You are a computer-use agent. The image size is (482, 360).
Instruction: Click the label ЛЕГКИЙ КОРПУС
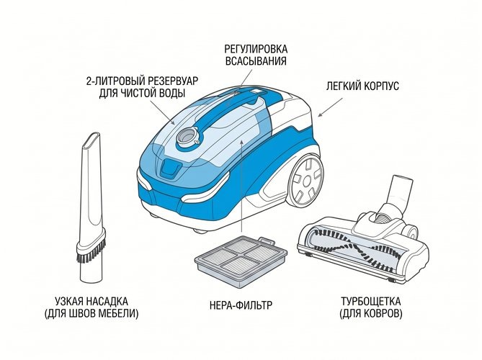point(362,86)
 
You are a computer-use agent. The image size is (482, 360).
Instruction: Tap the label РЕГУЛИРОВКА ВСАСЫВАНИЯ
point(256,55)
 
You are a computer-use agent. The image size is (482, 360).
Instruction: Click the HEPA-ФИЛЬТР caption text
point(241,305)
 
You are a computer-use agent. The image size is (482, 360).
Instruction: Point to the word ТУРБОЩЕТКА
point(371,301)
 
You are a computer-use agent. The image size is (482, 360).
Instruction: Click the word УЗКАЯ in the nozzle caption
point(70,301)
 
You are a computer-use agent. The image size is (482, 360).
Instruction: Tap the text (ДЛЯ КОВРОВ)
point(371,314)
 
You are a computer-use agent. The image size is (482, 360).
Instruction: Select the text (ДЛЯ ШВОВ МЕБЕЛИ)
point(92,314)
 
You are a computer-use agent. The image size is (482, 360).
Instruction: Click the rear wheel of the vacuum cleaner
point(306,180)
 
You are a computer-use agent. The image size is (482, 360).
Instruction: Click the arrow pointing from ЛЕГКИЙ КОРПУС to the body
point(330,107)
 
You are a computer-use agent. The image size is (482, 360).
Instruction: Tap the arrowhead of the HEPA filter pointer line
point(242,141)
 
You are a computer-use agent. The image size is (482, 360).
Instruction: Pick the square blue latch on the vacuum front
point(169,168)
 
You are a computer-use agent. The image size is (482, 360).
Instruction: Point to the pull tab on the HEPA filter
point(266,240)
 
